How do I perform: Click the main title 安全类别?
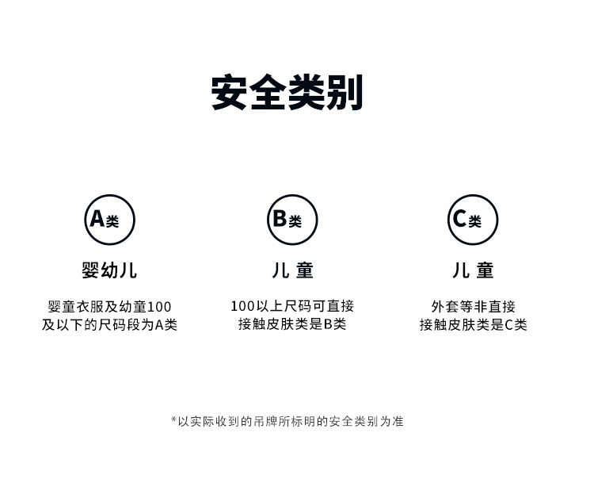click(x=287, y=94)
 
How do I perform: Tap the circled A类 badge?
click(x=110, y=220)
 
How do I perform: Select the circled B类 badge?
click(x=292, y=220)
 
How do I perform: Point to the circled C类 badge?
click(x=473, y=220)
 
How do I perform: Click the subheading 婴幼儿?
click(x=109, y=270)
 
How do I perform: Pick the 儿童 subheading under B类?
click(x=292, y=270)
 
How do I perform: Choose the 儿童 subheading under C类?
click(x=473, y=270)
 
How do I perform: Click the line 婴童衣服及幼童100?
click(x=109, y=307)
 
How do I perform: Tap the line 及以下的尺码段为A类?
click(x=109, y=325)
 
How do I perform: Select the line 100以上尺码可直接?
click(x=292, y=306)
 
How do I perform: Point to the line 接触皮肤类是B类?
click(x=292, y=324)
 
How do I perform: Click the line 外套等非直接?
click(x=473, y=306)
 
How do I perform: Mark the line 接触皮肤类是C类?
click(x=473, y=324)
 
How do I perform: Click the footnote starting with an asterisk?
click(x=287, y=421)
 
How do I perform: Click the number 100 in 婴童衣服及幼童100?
click(x=158, y=307)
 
